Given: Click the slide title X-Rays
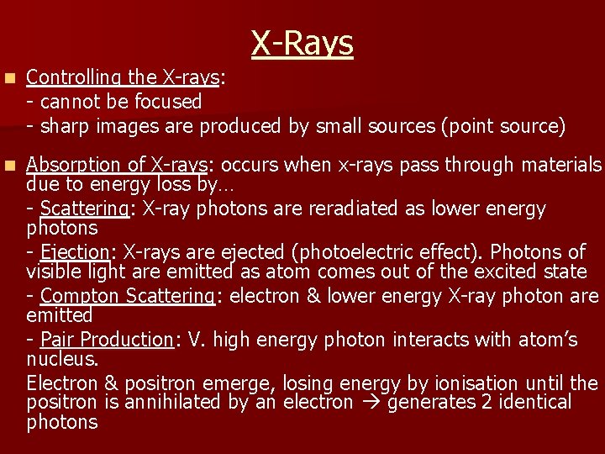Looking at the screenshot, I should click(x=302, y=43).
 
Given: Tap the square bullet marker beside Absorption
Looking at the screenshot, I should click(x=9, y=165).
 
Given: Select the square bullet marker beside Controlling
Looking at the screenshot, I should click(x=9, y=77).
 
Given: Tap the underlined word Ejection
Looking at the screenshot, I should click(x=75, y=252).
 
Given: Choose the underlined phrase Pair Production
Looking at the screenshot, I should click(x=106, y=340).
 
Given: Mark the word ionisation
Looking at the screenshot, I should click(x=475, y=383).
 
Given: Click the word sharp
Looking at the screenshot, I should click(x=66, y=126).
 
